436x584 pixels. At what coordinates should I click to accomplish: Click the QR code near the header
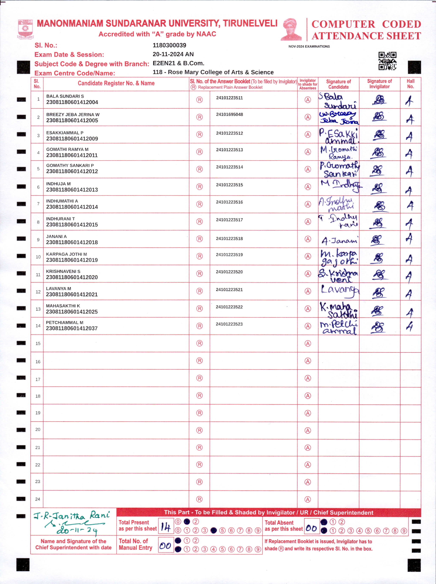387,61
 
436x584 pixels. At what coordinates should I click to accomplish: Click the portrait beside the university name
291,29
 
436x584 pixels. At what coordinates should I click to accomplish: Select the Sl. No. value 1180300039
169,45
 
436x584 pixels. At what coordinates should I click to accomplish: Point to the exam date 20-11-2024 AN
173,54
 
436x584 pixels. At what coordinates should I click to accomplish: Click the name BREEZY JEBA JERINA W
73,114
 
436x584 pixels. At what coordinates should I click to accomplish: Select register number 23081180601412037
72,328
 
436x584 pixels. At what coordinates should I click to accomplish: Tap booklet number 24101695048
229,114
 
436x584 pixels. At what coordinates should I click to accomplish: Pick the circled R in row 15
199,343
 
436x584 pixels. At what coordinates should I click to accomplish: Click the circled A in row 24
308,499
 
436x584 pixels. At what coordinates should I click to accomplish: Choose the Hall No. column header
410,84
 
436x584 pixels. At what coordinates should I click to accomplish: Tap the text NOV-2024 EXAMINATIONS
309,46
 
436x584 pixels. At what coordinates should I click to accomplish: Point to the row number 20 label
38,430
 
